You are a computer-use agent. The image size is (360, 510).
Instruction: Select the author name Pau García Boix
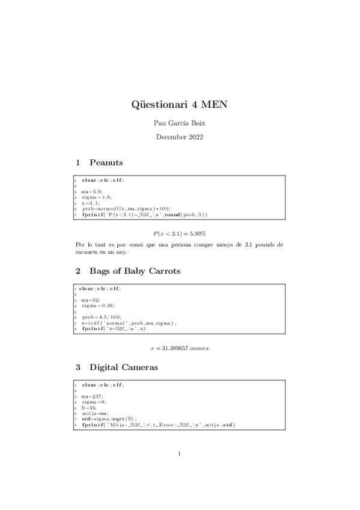[180, 123]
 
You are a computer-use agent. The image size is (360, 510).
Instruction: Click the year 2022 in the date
[195, 137]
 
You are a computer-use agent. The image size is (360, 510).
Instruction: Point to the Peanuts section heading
[106, 162]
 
